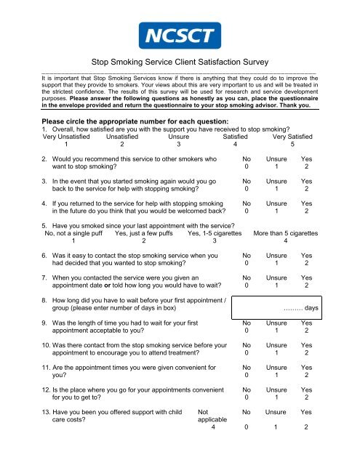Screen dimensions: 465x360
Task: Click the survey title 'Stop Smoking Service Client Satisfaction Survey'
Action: click(x=180, y=63)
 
